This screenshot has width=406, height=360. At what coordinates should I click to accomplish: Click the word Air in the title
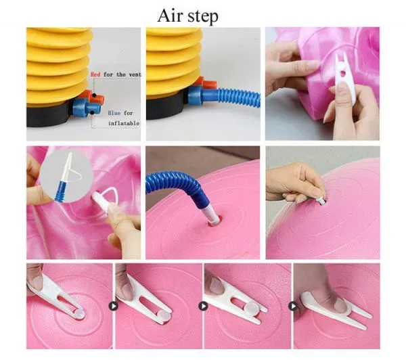coord(171,16)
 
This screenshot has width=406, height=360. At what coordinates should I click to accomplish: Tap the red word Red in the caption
coord(95,74)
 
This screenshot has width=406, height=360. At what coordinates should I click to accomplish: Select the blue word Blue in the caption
coord(114,113)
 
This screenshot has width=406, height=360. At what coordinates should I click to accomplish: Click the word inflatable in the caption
coord(124,123)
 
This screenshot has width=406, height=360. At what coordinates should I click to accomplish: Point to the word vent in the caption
coord(135,74)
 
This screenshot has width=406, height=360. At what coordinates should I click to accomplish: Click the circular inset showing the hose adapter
coord(66,176)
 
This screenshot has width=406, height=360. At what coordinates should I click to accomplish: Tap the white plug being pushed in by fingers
coord(321,200)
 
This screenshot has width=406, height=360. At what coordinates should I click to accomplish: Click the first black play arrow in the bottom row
coord(114,306)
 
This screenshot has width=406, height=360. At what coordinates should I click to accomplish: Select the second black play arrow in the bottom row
coord(203,306)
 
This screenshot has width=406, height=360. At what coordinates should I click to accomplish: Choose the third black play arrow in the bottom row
coord(293,306)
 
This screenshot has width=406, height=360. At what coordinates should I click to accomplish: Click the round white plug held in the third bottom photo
coord(251,308)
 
